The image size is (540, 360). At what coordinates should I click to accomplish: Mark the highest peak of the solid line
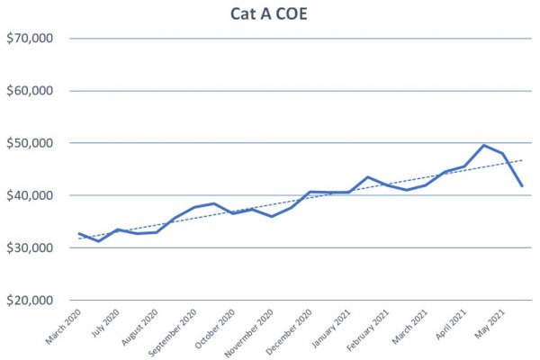484,145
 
